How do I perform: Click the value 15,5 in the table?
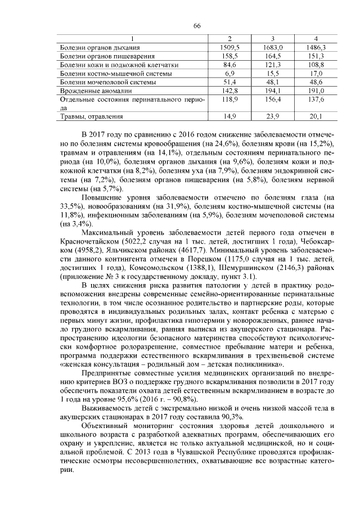[x=272, y=73]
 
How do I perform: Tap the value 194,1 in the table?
[x=272, y=90]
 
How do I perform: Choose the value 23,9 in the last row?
[x=272, y=116]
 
